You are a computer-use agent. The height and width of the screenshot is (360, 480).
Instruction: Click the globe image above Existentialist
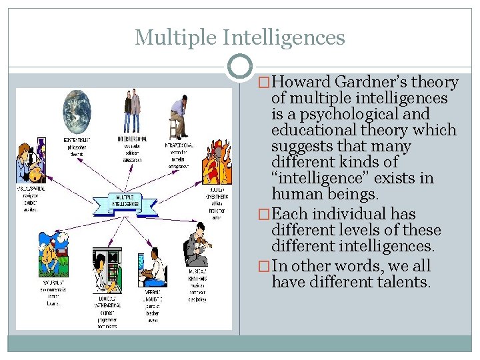tap(76, 111)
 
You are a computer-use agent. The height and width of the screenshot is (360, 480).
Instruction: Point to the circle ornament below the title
tap(240, 66)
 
